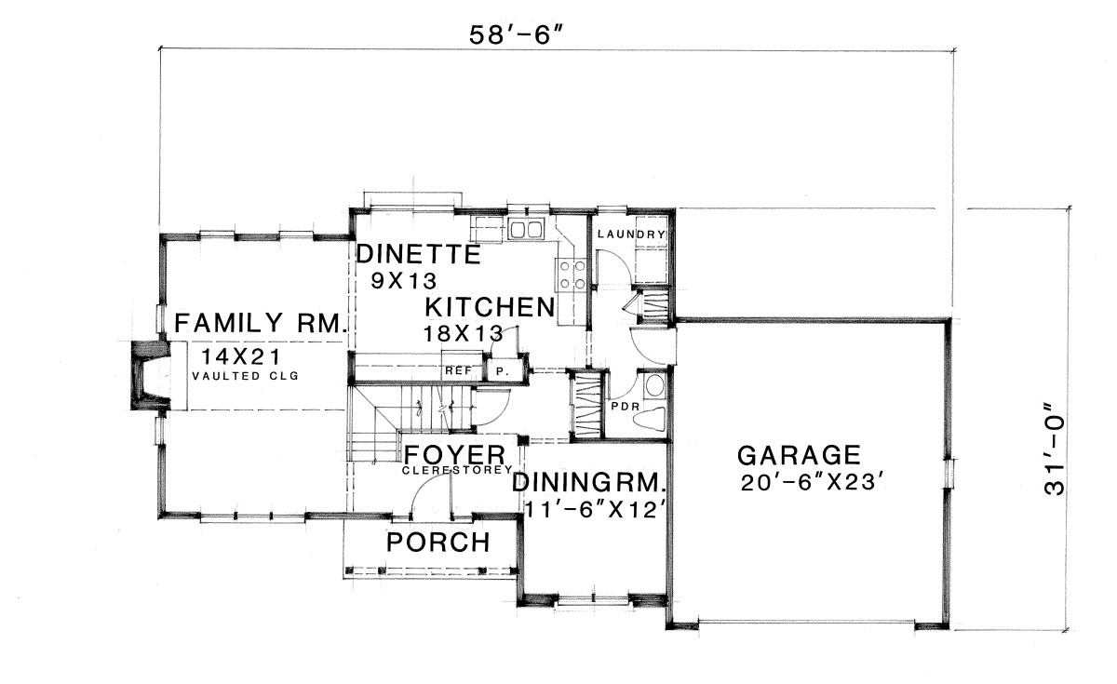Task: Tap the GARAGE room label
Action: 799,455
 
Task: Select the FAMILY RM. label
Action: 261,323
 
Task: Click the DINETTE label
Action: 418,254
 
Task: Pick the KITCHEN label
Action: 490,307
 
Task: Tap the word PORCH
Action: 438,543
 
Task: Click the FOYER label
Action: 454,455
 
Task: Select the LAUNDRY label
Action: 631,234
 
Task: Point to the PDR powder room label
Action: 626,407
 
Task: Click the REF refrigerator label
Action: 458,371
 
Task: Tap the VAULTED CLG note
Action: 246,376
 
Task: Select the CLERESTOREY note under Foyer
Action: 457,470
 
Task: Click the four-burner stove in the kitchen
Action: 572,275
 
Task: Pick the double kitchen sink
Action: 525,230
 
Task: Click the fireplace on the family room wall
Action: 151,375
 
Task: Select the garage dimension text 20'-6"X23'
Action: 808,483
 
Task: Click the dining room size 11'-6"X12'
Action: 596,510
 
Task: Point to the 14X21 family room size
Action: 241,356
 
